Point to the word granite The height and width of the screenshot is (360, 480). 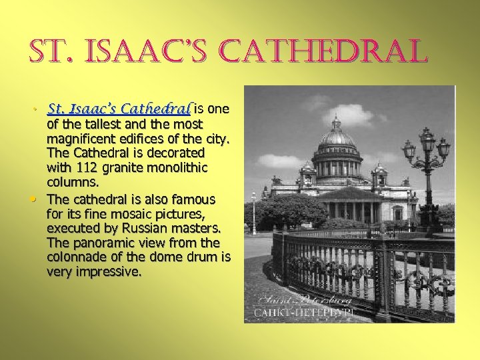pos(127,167)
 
